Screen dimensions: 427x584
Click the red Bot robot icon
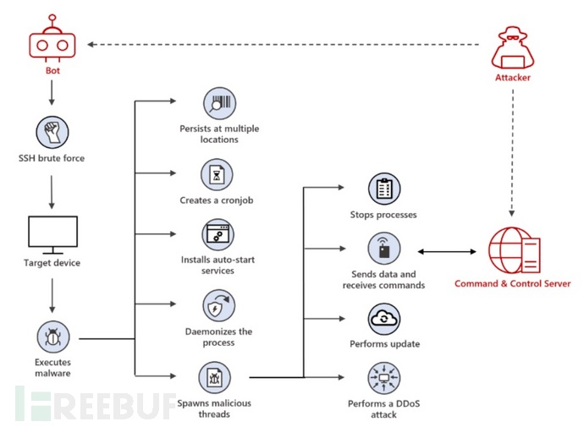(x=52, y=43)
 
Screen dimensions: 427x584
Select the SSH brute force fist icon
(x=52, y=133)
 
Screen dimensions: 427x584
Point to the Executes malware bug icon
(x=52, y=338)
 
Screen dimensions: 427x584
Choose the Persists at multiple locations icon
(x=219, y=105)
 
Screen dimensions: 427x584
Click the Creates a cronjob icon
(x=219, y=175)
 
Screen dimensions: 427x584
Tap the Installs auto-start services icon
(x=219, y=234)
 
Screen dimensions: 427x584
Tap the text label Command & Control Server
(x=513, y=284)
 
